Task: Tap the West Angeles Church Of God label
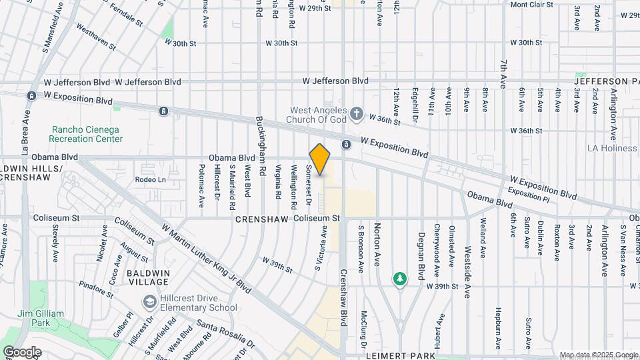click(317, 115)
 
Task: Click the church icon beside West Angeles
click(357, 114)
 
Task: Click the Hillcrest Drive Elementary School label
click(198, 303)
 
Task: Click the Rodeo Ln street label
click(150, 179)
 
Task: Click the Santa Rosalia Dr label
click(226, 335)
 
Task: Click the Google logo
click(23, 351)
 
